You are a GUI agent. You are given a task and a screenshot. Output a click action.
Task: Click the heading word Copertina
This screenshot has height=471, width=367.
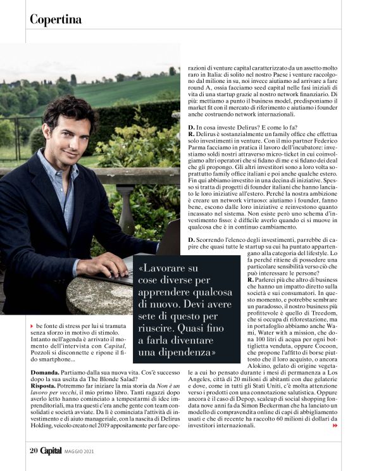point(56,20)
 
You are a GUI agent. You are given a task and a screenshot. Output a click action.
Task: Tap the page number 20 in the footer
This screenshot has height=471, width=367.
point(34,450)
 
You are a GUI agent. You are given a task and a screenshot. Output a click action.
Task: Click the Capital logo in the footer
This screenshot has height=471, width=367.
point(51,450)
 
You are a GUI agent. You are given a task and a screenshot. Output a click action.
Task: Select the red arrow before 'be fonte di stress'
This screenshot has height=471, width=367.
point(32,325)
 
